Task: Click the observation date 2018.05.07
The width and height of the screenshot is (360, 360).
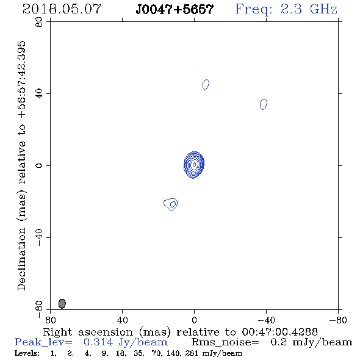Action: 62,9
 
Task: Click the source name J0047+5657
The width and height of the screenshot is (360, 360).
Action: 175,9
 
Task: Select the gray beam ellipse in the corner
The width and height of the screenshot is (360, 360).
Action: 62,303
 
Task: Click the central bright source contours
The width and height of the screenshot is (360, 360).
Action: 194,165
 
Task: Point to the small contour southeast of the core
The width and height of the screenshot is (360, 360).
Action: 171,204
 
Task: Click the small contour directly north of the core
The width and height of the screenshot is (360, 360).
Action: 206,85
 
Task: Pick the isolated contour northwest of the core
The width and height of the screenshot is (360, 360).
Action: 264,104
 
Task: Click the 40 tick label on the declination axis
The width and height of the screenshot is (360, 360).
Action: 39,94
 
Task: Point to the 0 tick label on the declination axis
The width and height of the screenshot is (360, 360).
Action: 39,165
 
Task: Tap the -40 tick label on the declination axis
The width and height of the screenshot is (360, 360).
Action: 39,237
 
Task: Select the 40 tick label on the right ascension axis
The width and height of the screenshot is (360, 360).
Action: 122,320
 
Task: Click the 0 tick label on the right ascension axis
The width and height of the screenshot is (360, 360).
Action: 194,320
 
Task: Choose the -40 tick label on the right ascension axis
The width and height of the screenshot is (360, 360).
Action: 266,320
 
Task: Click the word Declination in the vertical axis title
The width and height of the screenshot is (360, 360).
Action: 21,259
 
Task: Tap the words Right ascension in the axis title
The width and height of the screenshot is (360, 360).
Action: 88,332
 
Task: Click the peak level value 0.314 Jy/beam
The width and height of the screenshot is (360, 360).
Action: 126,342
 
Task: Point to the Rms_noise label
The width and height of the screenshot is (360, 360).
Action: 225,342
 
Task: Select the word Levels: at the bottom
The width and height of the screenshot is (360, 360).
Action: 27,353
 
